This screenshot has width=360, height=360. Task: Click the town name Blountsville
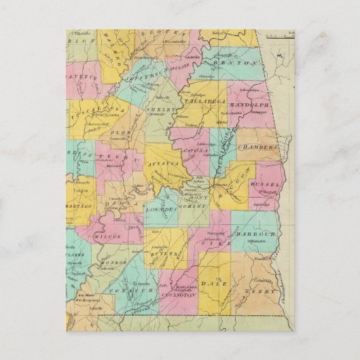[166, 43]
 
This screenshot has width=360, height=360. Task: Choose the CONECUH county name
[131, 290]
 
